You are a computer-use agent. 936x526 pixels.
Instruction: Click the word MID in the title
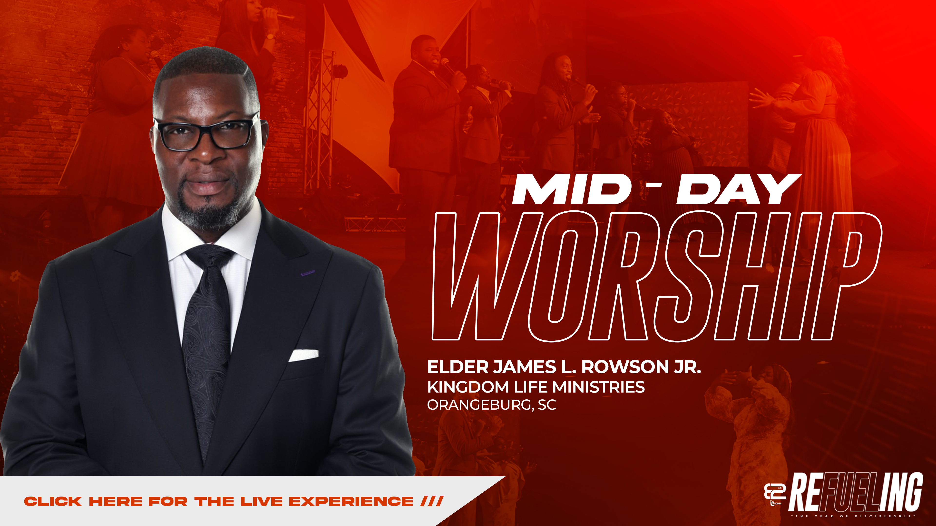(571, 189)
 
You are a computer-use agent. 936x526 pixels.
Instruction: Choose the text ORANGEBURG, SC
(491, 405)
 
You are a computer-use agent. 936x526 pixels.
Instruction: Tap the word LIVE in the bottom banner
(261, 502)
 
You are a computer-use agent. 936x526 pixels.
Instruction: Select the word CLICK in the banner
(53, 502)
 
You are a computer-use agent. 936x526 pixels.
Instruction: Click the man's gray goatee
(209, 216)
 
